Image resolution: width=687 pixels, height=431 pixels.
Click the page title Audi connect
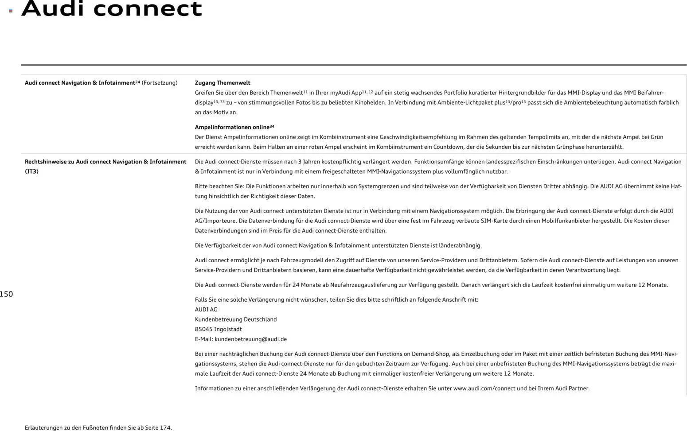pos(112,9)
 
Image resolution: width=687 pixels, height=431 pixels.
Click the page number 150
pos(6,294)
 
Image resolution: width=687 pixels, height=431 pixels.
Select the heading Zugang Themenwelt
pos(222,83)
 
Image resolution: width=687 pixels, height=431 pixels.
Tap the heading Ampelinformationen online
pos(232,127)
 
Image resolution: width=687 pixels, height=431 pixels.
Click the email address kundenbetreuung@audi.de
pos(250,339)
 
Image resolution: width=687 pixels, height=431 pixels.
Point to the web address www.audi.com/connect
pos(484,388)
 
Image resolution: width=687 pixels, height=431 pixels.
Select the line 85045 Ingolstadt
pos(219,329)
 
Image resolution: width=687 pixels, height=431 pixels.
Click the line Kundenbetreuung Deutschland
pos(236,319)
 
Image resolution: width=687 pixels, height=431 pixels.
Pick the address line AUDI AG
pos(206,310)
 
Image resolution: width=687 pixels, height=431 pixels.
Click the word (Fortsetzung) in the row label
pos(160,83)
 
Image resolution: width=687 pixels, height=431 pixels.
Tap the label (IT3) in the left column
pos(31,171)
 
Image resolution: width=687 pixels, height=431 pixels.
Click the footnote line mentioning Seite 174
pos(98,428)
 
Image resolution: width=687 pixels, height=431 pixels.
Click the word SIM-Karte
pos(494,221)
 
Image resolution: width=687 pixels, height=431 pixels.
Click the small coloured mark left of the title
pos(11,11)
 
